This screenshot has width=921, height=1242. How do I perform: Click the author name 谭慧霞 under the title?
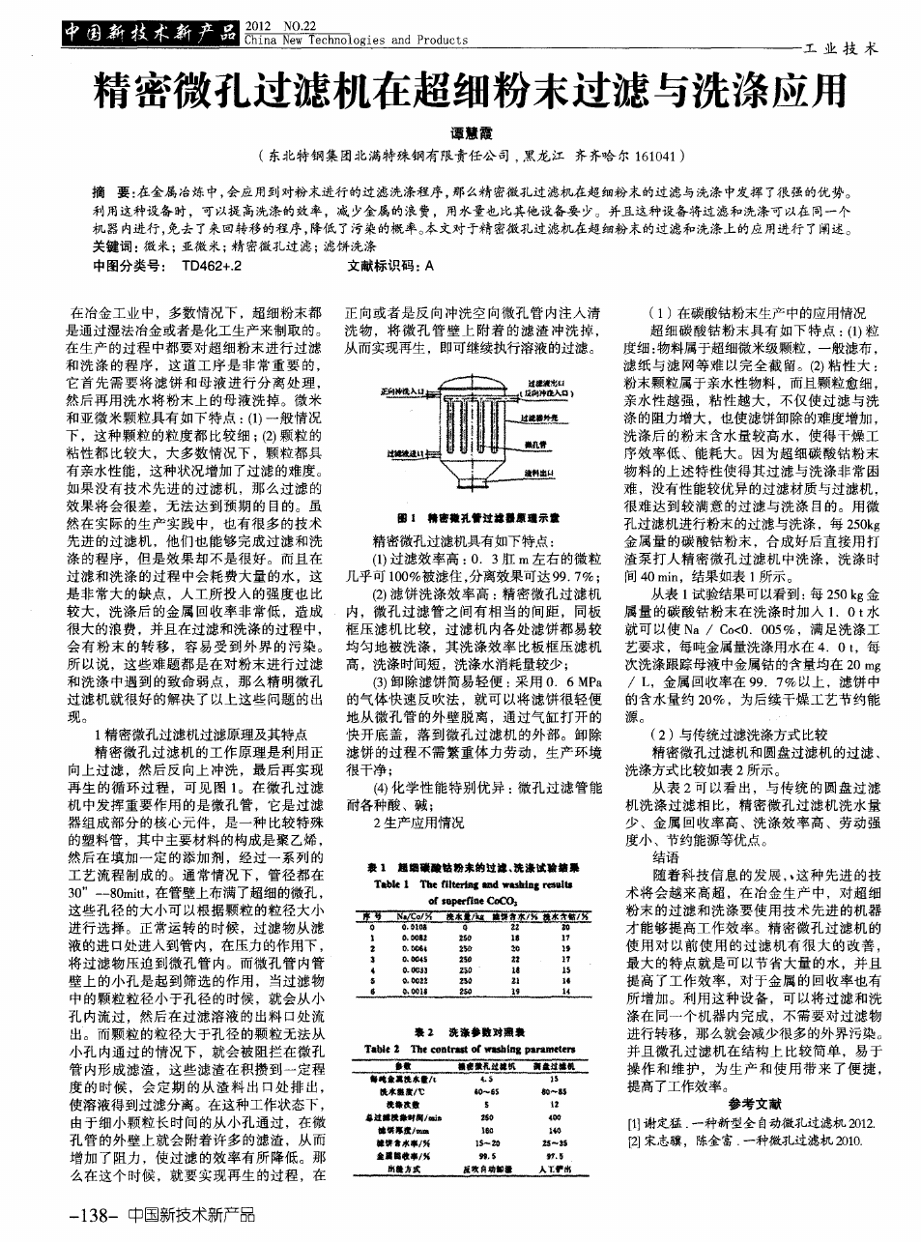460,132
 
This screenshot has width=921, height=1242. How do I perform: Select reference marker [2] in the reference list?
633,1141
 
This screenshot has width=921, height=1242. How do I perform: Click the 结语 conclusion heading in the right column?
666,857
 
